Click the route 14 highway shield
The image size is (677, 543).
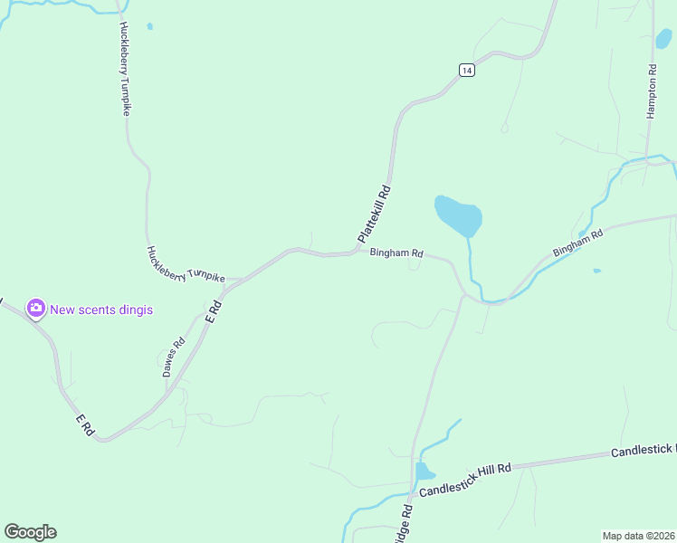tap(466, 70)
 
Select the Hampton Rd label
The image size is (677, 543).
tap(651, 91)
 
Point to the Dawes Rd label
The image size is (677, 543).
tap(173, 357)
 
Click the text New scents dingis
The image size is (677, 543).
tap(101, 310)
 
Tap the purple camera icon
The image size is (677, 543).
tap(36, 309)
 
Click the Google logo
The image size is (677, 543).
tap(30, 532)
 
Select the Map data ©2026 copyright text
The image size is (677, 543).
tap(638, 536)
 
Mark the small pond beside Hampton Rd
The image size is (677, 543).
tap(663, 39)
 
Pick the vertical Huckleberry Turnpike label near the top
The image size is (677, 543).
tap(125, 69)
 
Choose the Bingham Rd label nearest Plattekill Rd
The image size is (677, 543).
tap(396, 253)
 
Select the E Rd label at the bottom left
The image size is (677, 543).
tap(85, 424)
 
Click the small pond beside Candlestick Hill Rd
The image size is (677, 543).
tap(424, 472)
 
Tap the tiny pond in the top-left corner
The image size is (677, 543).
tap(149, 26)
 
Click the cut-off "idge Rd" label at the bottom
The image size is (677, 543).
tap(404, 524)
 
